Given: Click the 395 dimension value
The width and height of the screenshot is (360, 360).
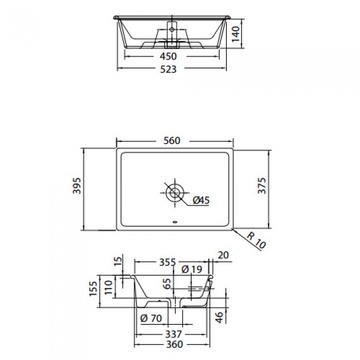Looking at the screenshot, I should [x=76, y=190].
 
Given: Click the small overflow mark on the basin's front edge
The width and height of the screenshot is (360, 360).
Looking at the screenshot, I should [x=175, y=223].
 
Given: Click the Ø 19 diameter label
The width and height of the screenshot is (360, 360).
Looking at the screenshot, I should [x=192, y=269].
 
